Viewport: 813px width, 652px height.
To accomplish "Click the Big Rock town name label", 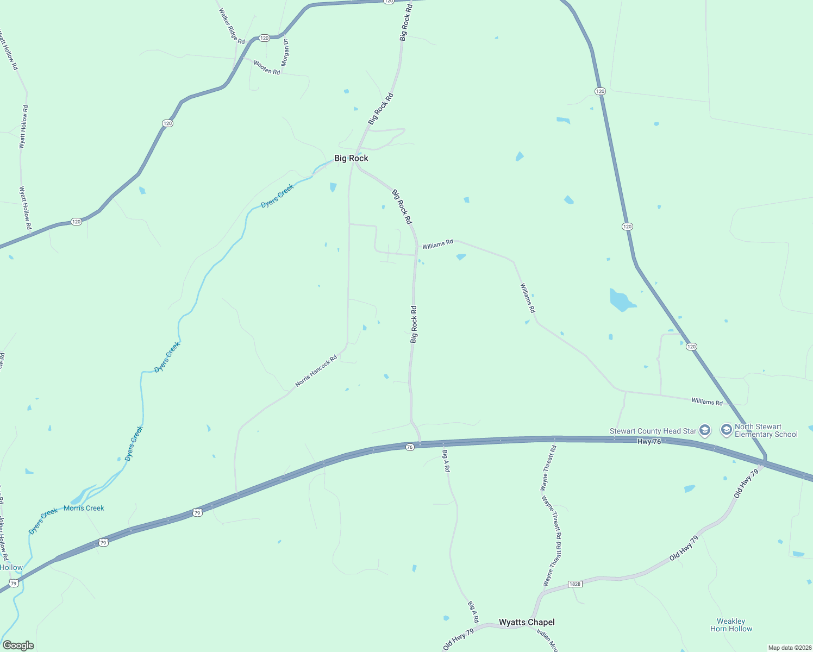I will [x=351, y=158].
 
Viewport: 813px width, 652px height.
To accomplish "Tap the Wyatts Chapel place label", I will [x=527, y=622].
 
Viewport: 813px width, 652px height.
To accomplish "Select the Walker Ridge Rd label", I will [x=232, y=26].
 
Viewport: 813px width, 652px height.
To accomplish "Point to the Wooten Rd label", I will [x=267, y=67].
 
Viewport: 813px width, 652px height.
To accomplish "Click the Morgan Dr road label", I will [x=286, y=52].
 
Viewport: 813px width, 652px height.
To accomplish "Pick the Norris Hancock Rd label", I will [x=316, y=371].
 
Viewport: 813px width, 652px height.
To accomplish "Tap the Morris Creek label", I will [x=84, y=508].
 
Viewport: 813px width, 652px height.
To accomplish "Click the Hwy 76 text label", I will [x=649, y=442].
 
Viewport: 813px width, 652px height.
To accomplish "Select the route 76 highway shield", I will [x=410, y=447].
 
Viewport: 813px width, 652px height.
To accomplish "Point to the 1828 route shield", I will [x=574, y=584].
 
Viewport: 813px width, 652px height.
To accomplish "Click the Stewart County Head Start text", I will [x=653, y=431].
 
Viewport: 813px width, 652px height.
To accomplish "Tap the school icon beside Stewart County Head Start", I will [x=705, y=431].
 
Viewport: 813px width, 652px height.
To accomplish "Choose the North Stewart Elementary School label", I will [x=766, y=430].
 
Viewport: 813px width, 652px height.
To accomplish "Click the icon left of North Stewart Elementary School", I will [x=726, y=430].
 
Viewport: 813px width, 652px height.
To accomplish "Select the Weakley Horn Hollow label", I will [x=731, y=625].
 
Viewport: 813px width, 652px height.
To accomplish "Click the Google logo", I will [x=18, y=645].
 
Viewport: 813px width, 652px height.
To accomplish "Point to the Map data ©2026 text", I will [x=789, y=648].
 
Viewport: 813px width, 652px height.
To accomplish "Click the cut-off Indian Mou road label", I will [x=547, y=641].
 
